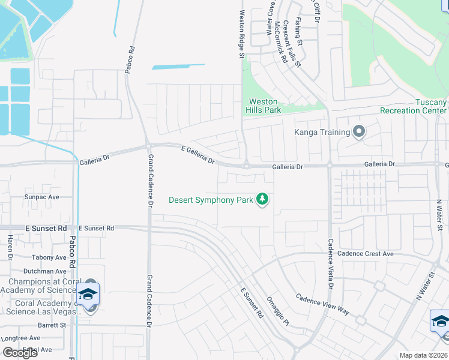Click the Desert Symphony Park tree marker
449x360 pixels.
(x=262, y=199)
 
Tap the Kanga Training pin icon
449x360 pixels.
(x=359, y=131)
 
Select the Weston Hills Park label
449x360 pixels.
(x=263, y=106)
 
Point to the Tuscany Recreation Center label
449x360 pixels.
(x=414, y=106)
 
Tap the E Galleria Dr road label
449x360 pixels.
(x=198, y=154)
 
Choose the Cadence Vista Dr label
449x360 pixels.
(x=330, y=264)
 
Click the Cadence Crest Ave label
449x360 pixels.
(x=365, y=254)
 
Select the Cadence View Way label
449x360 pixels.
(x=323, y=304)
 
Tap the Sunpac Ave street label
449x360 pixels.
(x=42, y=197)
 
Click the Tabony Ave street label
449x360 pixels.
(x=49, y=257)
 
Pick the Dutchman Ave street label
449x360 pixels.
(x=46, y=271)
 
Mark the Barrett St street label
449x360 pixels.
(x=51, y=325)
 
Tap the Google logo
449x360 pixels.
(x=20, y=352)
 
